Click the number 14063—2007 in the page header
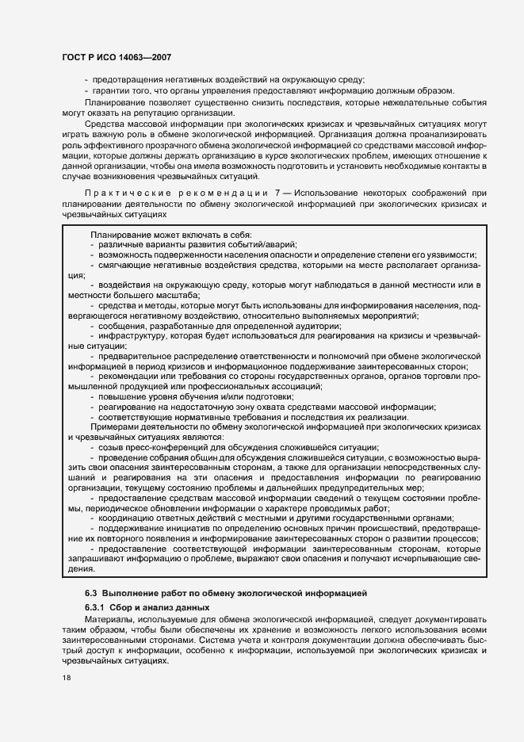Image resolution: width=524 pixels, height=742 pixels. click(145, 58)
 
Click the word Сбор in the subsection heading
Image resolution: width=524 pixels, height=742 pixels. click(132, 606)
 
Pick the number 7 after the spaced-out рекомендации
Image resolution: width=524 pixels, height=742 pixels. click(276, 193)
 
